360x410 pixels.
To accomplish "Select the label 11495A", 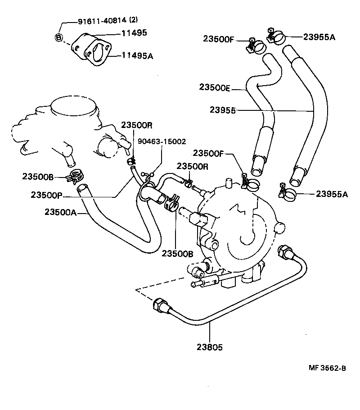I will (x=138, y=56).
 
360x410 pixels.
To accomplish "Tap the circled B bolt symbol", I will (x=58, y=37).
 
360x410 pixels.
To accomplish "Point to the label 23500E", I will (x=214, y=88).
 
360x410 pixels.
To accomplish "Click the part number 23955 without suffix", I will (x=224, y=110).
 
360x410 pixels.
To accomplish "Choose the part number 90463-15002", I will (x=162, y=141).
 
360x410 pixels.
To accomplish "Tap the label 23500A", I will (x=60, y=212).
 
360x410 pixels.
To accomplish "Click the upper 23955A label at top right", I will (x=319, y=37).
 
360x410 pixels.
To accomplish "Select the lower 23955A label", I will (x=332, y=194).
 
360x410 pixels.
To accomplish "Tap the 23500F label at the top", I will (x=218, y=39).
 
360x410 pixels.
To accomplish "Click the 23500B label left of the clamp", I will (x=38, y=177).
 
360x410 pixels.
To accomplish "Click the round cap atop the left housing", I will (x=74, y=107).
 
